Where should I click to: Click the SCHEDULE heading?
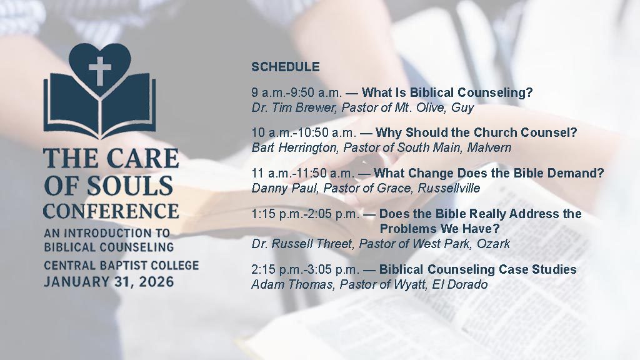285,66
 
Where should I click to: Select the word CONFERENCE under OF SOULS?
111,211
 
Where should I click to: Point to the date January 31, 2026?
109,282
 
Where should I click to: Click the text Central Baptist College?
121,266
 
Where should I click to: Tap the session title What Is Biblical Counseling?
447,92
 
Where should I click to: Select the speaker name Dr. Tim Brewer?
293,107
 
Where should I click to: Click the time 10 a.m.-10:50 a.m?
304,132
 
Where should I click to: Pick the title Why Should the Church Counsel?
476,132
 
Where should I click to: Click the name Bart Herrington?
295,147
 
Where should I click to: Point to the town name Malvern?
489,147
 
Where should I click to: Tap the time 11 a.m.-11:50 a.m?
303,174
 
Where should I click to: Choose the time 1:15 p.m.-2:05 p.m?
305,214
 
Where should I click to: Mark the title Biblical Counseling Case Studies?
478,269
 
